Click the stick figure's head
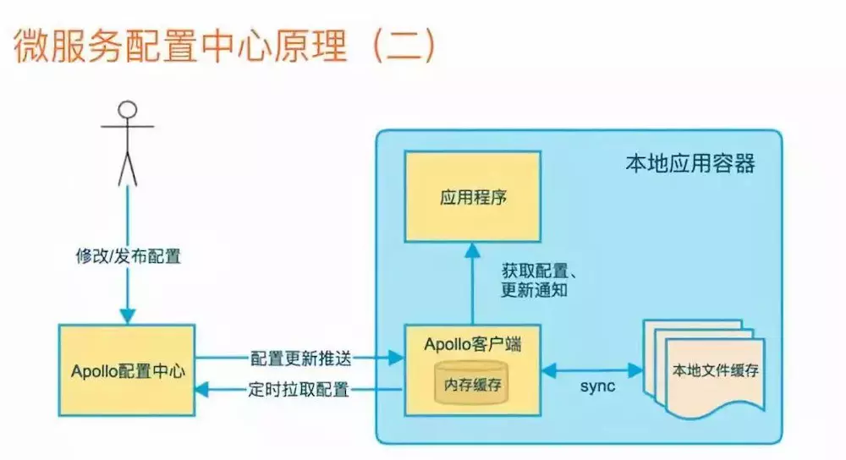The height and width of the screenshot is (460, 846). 127,110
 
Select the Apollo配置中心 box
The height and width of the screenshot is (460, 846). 127,370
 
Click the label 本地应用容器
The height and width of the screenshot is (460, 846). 689,163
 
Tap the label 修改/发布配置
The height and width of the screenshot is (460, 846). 128,255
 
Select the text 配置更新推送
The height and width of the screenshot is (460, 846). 300,357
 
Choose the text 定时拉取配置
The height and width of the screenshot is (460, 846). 299,390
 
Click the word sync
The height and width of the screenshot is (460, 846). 596,386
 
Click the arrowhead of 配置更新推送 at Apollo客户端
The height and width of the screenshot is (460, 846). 396,358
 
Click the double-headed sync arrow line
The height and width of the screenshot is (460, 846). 592,369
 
